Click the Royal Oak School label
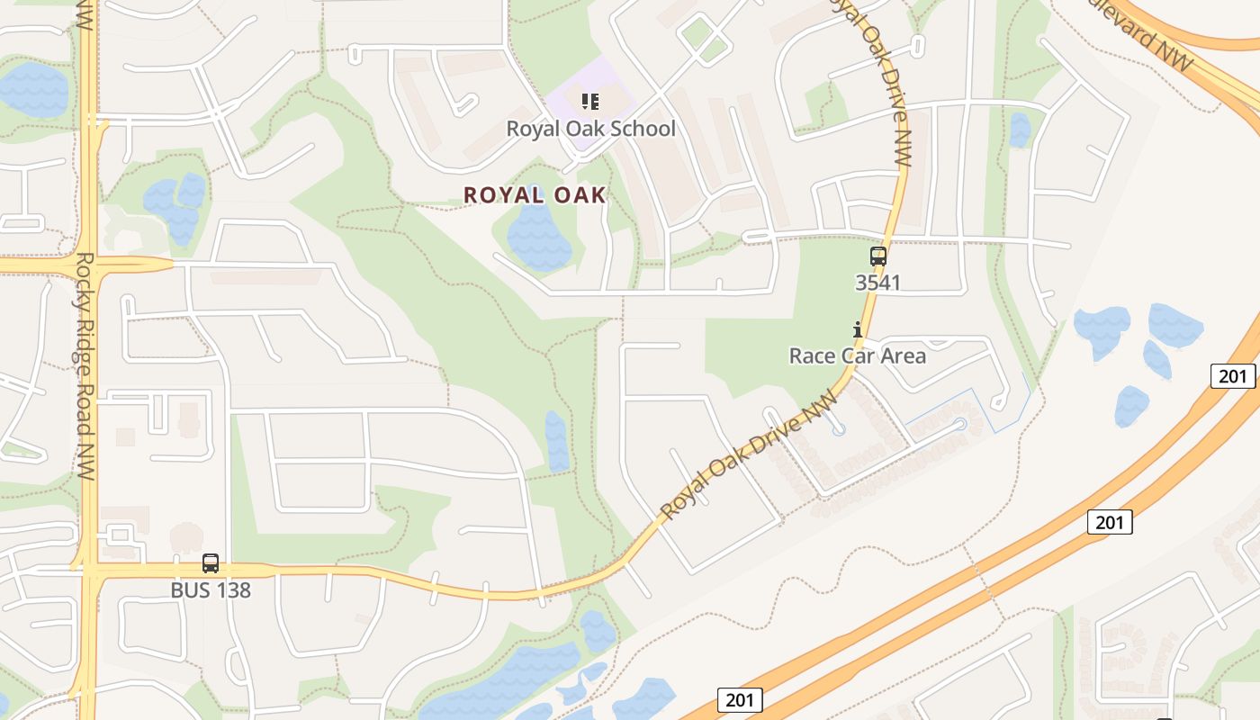pos(590,129)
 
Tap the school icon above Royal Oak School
pos(590,101)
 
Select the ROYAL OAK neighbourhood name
pos(535,194)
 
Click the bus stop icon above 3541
pos(877,256)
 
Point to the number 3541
pos(877,283)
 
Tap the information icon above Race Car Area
pos(858,330)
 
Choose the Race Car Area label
pos(857,355)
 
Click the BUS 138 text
pos(211,590)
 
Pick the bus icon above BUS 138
pos(211,563)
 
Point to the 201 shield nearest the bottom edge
pos(741,700)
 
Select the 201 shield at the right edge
pos(1232,375)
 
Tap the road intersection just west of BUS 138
pos(90,569)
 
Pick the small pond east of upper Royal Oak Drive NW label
pos(1020,130)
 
